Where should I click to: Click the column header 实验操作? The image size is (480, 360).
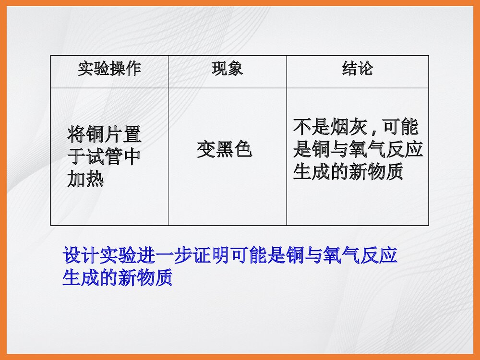click(x=109, y=69)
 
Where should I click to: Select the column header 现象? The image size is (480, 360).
click(x=228, y=69)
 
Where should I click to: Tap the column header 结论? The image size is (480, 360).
click(x=358, y=69)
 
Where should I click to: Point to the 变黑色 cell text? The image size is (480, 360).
click(x=224, y=150)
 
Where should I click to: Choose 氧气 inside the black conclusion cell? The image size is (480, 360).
click(x=358, y=150)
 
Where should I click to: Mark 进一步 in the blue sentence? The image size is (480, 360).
click(x=158, y=256)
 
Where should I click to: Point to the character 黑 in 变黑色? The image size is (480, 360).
click(x=224, y=150)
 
